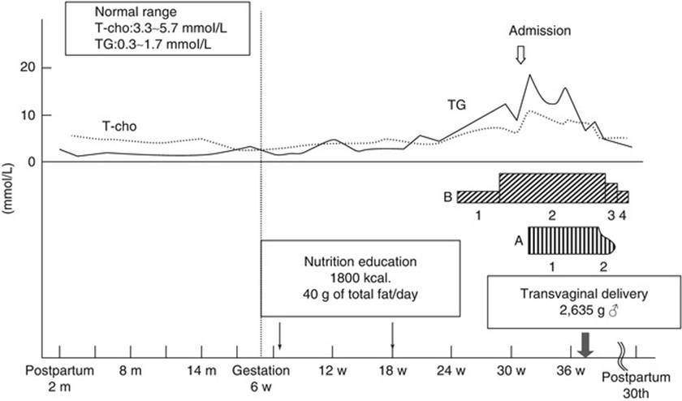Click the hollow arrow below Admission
point(522,54)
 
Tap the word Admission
point(540,32)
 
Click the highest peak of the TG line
point(529,75)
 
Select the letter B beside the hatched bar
point(447,196)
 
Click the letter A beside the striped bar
point(518,240)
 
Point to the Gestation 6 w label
point(257,377)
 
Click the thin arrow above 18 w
point(393,334)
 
